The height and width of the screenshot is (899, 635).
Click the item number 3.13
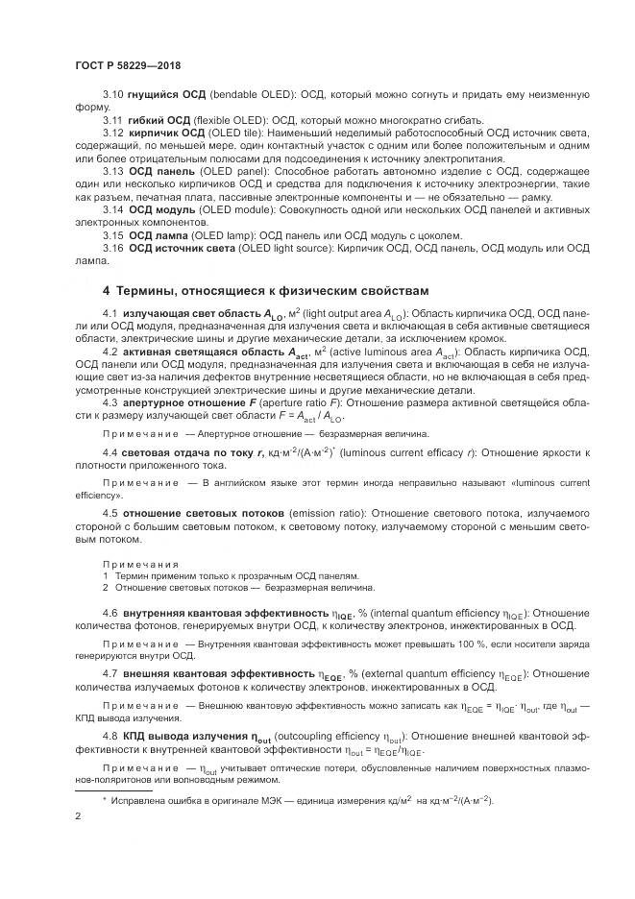(112, 170)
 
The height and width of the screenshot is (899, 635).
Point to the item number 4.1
(110, 314)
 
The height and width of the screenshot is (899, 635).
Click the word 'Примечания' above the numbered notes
(134, 564)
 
